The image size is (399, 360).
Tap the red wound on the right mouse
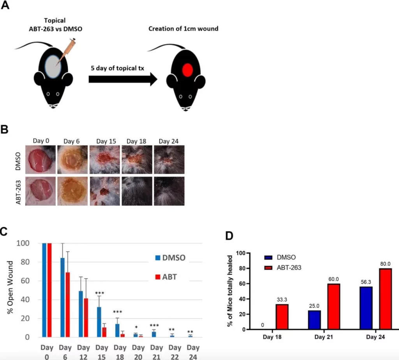(x=187, y=70)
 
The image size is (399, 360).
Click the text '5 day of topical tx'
(x=117, y=68)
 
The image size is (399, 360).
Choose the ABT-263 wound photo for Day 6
(x=72, y=191)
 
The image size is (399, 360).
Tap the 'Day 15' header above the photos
(x=105, y=141)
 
